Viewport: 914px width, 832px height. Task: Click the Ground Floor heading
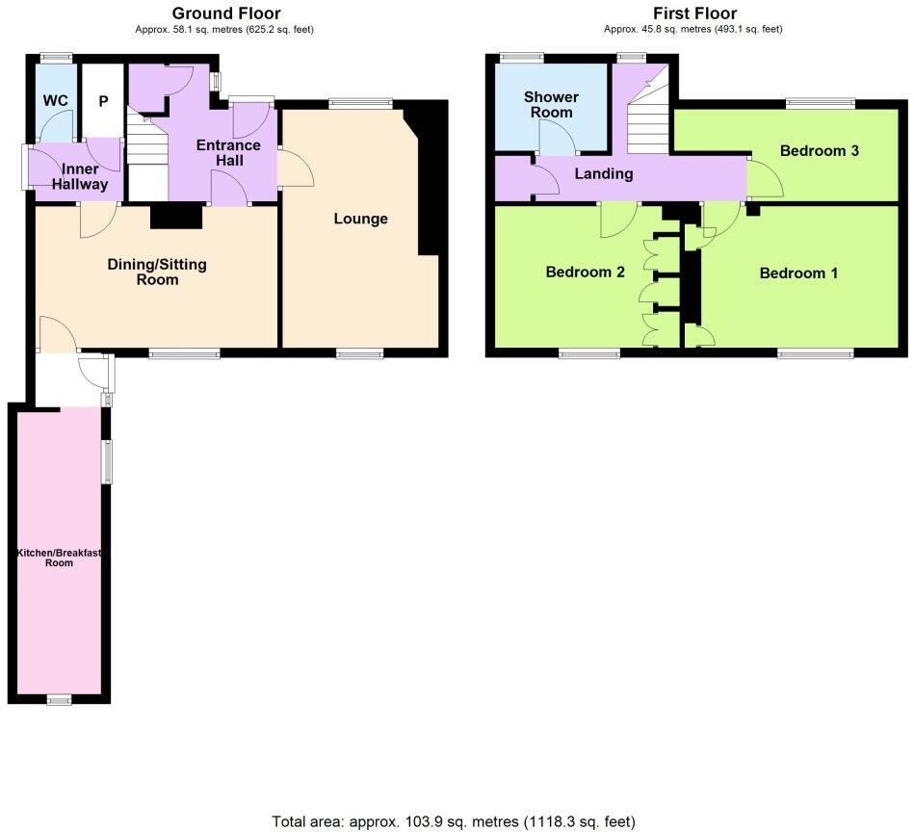[225, 13]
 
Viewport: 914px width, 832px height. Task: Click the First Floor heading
[693, 13]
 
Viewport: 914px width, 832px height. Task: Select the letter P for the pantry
[102, 100]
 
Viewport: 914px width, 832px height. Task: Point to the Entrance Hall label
[228, 152]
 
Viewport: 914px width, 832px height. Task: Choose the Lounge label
[360, 219]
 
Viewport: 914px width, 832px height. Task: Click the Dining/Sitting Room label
[157, 272]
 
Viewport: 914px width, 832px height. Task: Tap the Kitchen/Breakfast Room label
[59, 558]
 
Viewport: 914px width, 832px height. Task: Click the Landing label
[603, 174]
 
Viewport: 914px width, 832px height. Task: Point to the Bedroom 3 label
[819, 151]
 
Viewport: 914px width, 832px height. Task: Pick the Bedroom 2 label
[585, 273]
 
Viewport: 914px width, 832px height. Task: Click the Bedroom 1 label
[798, 273]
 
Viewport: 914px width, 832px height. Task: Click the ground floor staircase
[147, 159]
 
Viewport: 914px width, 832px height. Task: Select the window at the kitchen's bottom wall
[60, 699]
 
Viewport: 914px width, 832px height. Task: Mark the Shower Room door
[557, 140]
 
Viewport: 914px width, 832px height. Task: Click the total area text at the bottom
[454, 821]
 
